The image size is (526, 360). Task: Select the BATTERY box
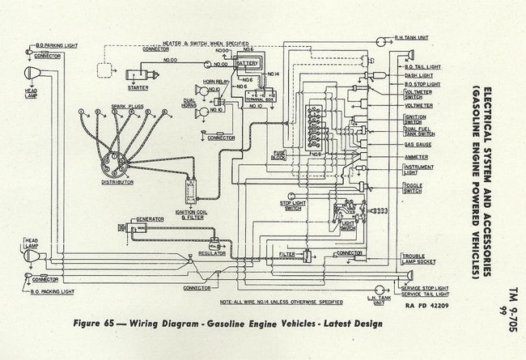point(248,62)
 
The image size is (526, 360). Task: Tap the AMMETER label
point(416,156)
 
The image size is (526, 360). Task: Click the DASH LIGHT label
point(416,75)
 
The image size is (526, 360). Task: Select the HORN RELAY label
point(214,82)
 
